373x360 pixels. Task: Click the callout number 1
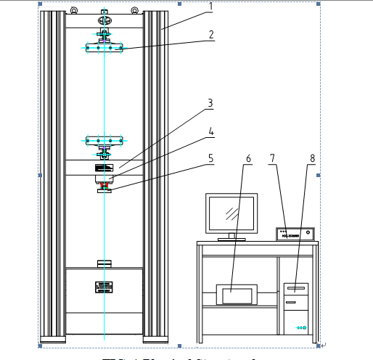pyautogui.click(x=210, y=7)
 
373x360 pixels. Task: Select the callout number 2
pyautogui.click(x=210, y=34)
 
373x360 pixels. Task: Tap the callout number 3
pyautogui.click(x=210, y=103)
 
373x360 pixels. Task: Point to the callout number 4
pyautogui.click(x=210, y=131)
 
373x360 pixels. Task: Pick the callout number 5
pyautogui.click(x=210, y=157)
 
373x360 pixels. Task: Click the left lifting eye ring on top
pyautogui.click(x=74, y=11)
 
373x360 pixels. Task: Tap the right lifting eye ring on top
pyautogui.click(x=136, y=11)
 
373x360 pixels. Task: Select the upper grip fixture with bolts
pyautogui.click(x=105, y=48)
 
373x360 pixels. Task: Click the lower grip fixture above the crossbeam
pyautogui.click(x=105, y=140)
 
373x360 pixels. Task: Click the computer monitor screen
pyautogui.click(x=231, y=213)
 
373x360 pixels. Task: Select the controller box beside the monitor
pyautogui.click(x=295, y=234)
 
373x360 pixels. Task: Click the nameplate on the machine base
pyautogui.click(x=104, y=287)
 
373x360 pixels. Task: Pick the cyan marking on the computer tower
pyautogui.click(x=300, y=328)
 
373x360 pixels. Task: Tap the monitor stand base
pyautogui.click(x=231, y=238)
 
